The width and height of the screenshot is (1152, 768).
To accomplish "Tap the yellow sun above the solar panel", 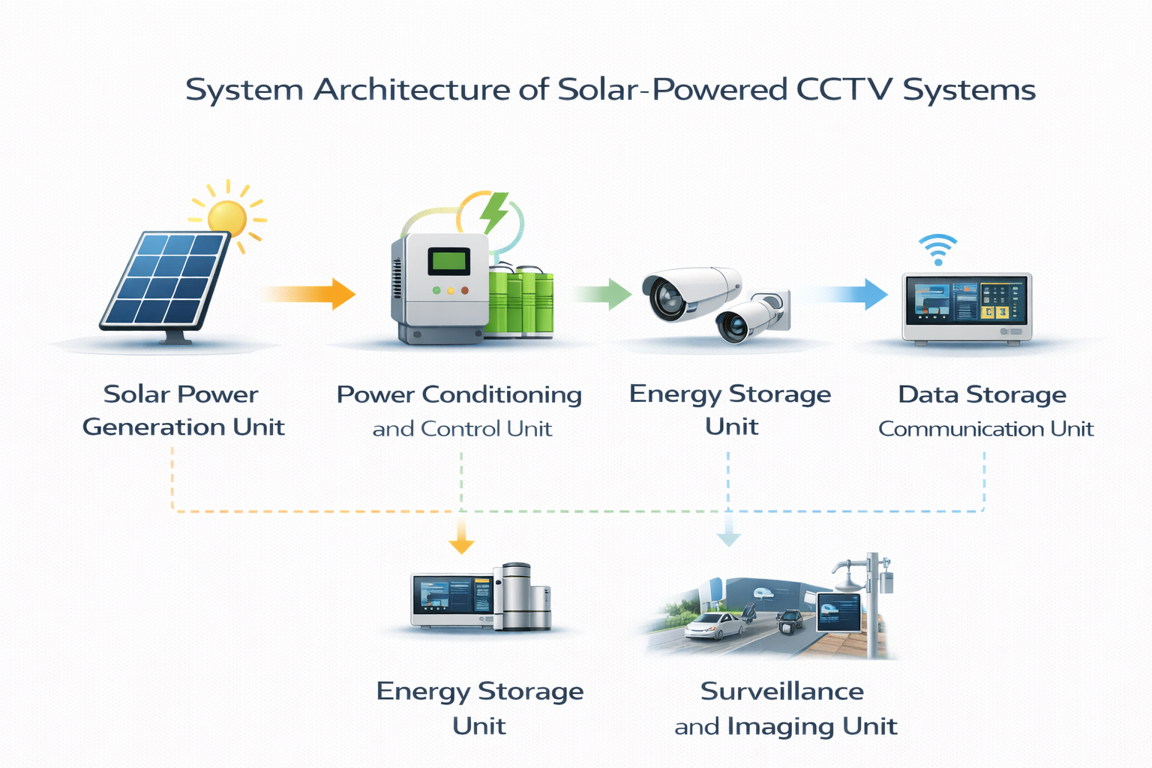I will click(x=226, y=217).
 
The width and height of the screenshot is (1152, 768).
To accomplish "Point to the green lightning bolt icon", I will click(x=493, y=211).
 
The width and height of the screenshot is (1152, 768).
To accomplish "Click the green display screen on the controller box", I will click(x=448, y=262).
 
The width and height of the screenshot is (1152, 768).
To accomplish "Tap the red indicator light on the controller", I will click(x=465, y=290).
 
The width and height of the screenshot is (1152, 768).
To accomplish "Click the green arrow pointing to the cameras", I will click(x=604, y=293).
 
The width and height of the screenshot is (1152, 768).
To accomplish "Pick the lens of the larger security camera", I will click(x=664, y=297).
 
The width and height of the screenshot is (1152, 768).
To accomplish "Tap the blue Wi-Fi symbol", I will click(x=937, y=250).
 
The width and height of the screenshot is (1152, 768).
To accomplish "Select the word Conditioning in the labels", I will click(x=502, y=394).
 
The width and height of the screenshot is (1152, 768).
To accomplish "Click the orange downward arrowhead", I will click(x=461, y=545).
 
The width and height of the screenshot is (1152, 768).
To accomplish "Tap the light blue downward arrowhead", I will click(x=728, y=538).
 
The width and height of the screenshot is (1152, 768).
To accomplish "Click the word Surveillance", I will click(x=781, y=691).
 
